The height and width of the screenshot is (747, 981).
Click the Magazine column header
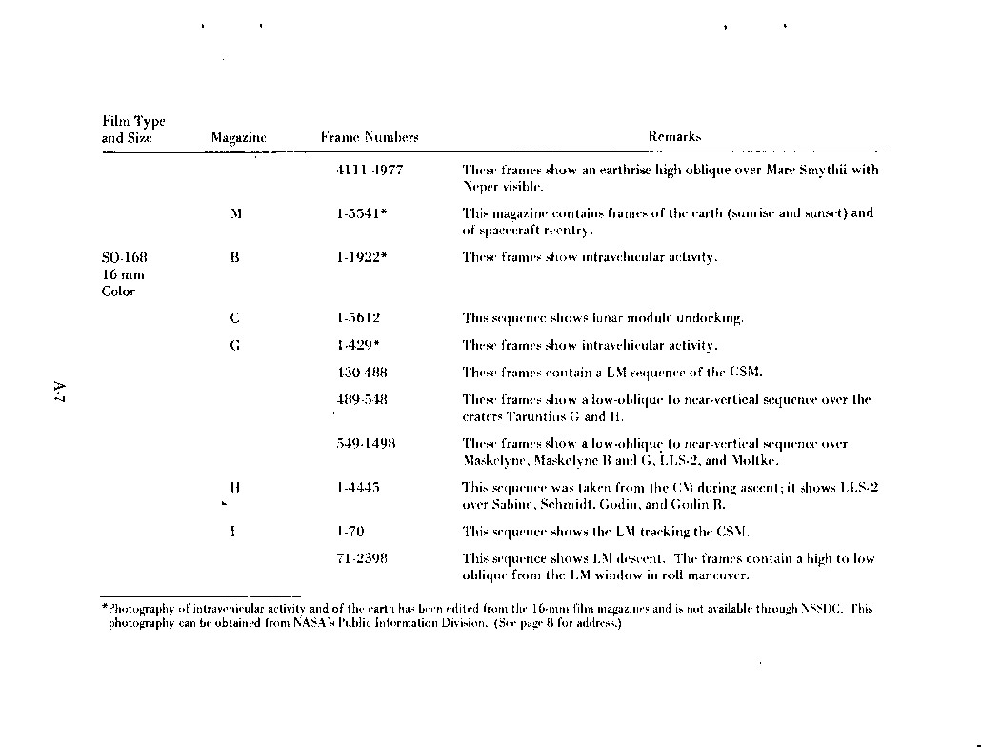[238, 138]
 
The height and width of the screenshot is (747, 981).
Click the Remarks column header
[674, 137]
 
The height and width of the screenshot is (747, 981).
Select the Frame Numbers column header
[370, 138]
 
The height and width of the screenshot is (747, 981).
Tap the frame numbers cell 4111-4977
[370, 171]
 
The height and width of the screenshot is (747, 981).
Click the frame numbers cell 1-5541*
[361, 213]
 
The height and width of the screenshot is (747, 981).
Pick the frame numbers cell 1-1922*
[361, 257]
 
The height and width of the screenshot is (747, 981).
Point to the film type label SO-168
[125, 257]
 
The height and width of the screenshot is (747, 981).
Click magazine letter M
[235, 213]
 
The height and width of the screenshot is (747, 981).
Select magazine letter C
[234, 318]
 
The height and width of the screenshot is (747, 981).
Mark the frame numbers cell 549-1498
[367, 444]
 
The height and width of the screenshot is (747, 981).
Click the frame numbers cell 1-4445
[358, 488]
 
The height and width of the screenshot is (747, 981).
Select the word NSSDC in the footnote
[821, 608]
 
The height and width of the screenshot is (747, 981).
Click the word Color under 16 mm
[118, 292]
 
